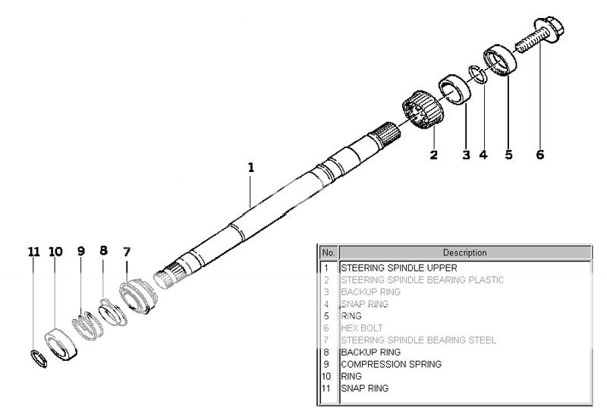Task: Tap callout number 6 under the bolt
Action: tap(539, 155)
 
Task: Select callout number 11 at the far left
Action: tap(33, 251)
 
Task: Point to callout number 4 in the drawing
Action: tap(483, 155)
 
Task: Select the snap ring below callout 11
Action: tap(39, 357)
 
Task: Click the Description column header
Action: tap(464, 252)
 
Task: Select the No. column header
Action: tap(329, 252)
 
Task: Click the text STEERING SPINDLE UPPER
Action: tap(398, 268)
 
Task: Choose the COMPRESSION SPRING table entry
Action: tap(391, 364)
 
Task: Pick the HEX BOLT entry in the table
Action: tap(362, 328)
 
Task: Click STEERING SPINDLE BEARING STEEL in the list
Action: tap(418, 340)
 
